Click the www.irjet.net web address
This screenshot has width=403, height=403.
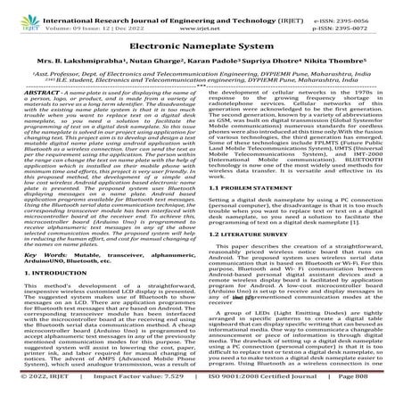(201, 27)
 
